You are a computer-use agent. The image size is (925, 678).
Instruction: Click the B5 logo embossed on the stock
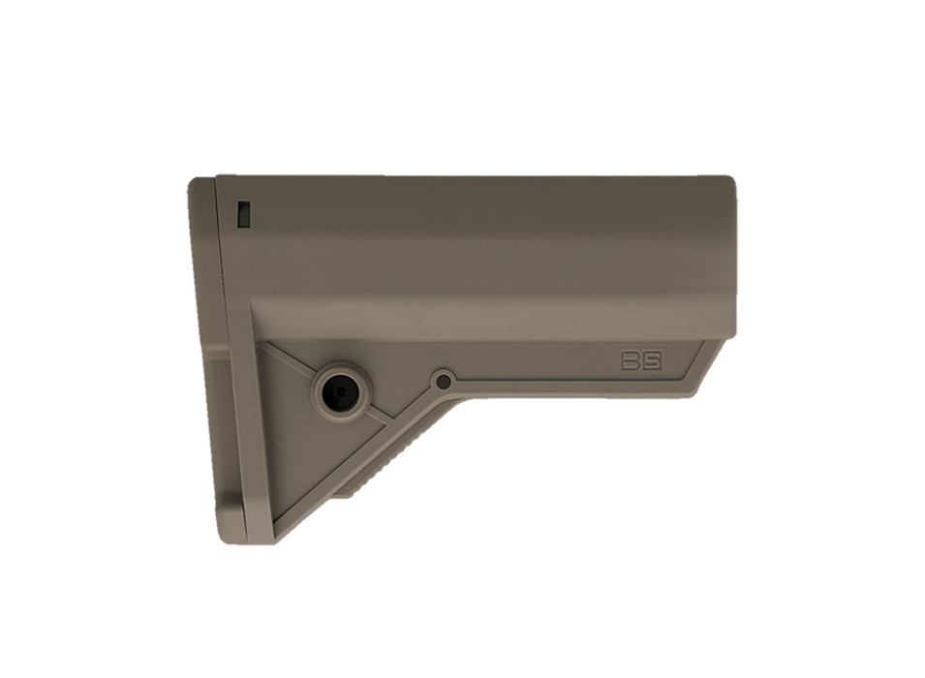641,361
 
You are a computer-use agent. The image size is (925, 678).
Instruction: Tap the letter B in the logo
632,361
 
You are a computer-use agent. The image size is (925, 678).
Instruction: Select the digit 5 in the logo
652,361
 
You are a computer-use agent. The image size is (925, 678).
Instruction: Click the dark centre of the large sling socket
340,391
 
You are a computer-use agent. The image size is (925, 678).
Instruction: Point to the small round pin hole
444,382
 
